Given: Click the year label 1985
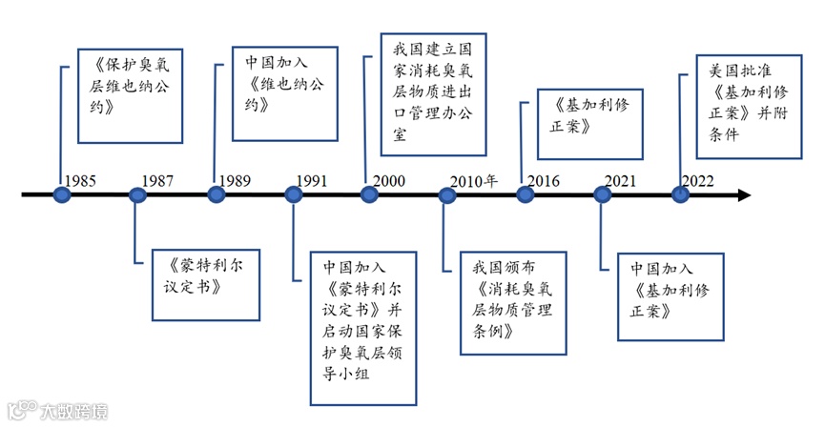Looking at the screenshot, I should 81,179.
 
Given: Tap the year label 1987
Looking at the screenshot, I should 158,179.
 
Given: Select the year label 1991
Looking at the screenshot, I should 313,179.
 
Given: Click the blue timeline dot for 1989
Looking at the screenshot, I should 217,195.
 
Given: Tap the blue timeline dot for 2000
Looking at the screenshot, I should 370,195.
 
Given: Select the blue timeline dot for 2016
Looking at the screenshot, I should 526,195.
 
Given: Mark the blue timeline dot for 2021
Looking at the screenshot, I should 603,195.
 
